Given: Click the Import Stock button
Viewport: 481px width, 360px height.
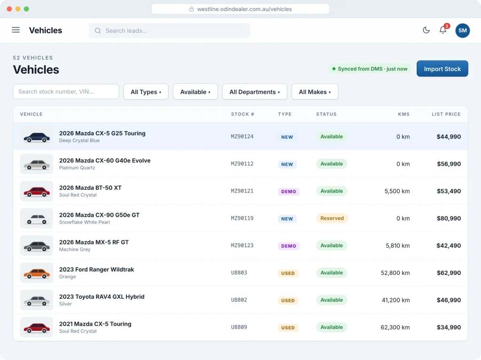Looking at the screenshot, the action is (x=442, y=69).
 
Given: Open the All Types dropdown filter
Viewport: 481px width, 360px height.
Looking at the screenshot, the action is (x=146, y=92).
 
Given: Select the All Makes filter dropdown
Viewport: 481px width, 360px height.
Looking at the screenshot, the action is (x=315, y=92).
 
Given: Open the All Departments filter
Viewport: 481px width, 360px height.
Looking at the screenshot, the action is (x=255, y=92).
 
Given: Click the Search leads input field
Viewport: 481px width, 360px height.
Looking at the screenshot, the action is (x=169, y=31).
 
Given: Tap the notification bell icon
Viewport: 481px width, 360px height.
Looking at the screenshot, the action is (x=443, y=30).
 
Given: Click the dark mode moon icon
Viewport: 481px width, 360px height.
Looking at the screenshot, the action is (x=426, y=30).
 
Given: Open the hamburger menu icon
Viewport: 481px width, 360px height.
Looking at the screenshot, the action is (x=16, y=30).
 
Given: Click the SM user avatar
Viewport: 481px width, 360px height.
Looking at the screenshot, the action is (x=463, y=31).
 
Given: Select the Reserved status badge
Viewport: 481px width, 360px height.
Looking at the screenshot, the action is (x=332, y=218).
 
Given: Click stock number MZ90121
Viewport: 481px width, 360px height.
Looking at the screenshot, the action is (x=242, y=191).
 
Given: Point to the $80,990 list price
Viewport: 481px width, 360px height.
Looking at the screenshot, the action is (x=449, y=218).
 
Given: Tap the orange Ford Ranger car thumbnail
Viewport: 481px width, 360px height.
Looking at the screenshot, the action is (x=37, y=273).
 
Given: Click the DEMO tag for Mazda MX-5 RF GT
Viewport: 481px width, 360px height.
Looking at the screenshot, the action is (x=289, y=246).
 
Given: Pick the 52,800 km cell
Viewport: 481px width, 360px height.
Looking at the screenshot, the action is (x=395, y=273).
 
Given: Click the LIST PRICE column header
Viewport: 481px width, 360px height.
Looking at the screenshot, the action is (x=446, y=114).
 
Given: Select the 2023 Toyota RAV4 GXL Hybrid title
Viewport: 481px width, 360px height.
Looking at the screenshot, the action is (x=102, y=297).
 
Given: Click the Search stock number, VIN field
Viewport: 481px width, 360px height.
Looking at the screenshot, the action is (x=66, y=92).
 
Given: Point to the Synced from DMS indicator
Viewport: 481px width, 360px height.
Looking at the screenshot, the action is (x=370, y=69).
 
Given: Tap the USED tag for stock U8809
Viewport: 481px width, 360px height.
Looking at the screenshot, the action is (x=288, y=328).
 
